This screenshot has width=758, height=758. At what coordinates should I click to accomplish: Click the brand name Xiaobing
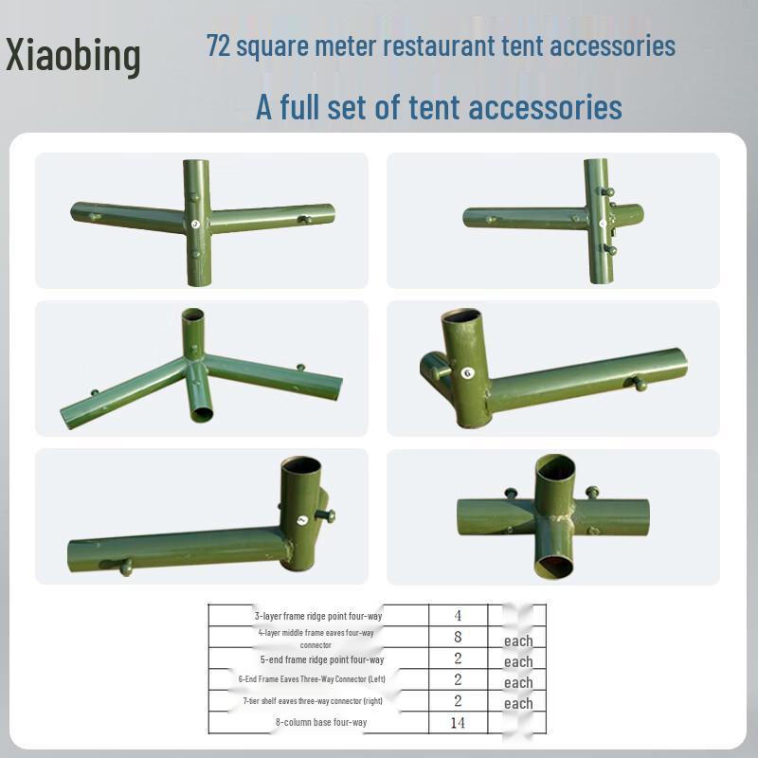coord(73,55)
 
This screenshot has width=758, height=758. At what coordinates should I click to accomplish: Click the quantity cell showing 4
coord(458,616)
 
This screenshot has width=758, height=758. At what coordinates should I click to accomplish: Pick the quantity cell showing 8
coord(458,637)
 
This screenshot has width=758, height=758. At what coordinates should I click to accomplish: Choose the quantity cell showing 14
coord(458,723)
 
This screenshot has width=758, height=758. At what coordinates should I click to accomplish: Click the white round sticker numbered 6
coord(466,373)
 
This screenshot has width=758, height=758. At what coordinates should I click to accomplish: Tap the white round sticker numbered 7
coord(301,520)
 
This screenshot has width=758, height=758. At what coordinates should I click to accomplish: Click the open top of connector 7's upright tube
coord(301,468)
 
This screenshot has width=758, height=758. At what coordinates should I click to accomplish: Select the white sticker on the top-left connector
coord(195,225)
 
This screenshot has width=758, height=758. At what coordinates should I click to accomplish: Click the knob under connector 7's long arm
coord(125,568)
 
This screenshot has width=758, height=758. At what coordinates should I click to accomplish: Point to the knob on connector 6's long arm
coord(641,384)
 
